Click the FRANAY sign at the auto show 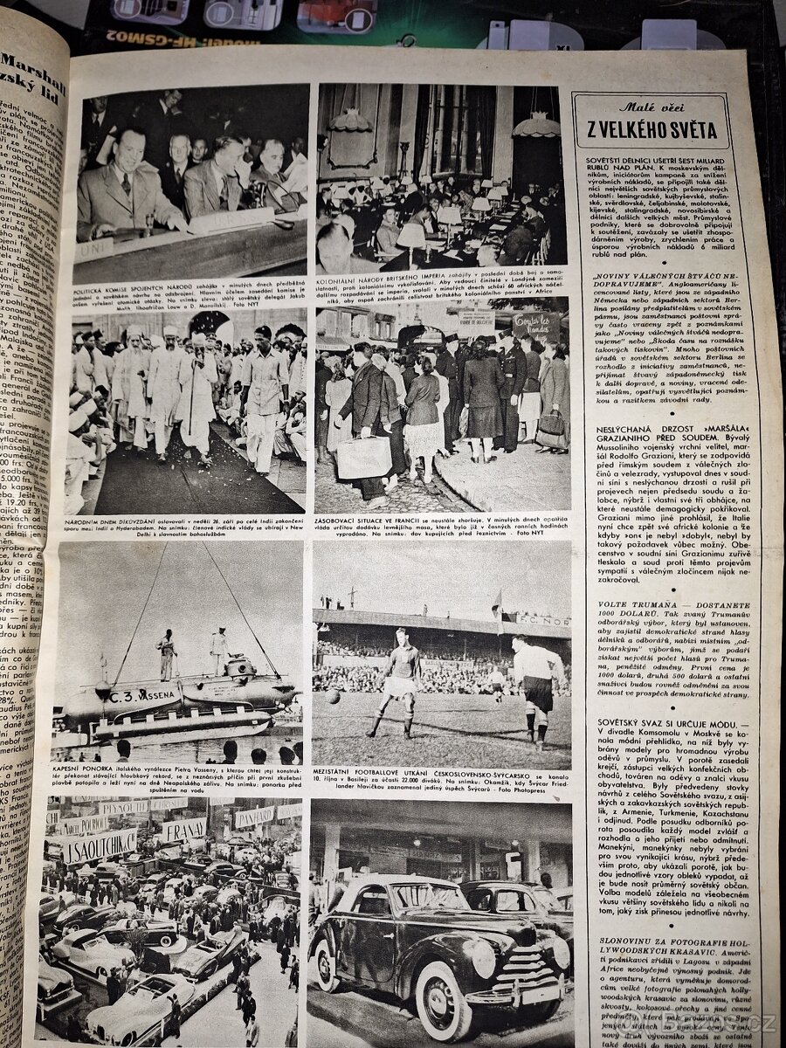(184, 830)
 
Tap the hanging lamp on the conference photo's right (536, 124)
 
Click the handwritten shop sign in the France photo (534, 327)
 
